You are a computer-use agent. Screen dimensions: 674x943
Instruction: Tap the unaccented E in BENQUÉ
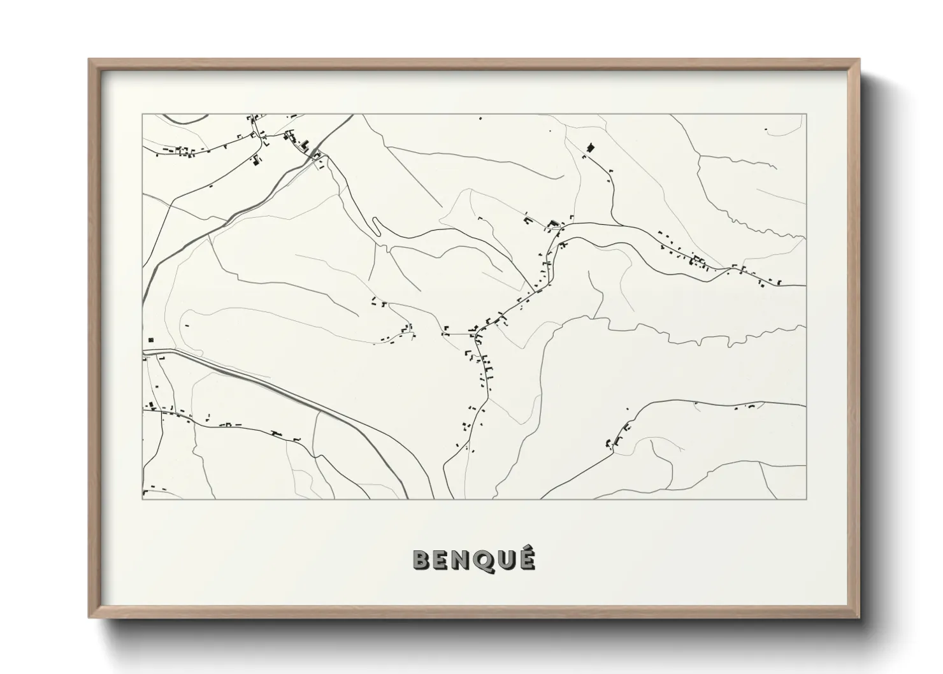point(443,560)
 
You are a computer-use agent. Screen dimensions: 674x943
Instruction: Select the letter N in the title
point(464,560)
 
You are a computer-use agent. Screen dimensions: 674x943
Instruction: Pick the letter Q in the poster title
point(486,560)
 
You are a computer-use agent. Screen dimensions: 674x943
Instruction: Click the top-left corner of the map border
point(142,115)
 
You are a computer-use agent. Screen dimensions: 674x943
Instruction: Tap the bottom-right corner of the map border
point(806,499)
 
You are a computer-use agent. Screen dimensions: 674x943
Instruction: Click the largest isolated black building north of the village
point(589,148)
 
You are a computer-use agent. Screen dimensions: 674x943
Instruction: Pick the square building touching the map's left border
point(150,340)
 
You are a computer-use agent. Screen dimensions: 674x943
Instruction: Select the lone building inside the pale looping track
point(187,326)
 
